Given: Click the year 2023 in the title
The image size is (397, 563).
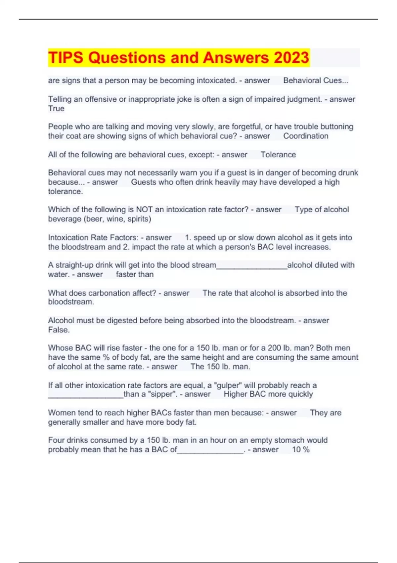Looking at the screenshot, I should (291, 58).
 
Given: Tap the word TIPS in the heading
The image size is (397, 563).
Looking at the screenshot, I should (66, 58).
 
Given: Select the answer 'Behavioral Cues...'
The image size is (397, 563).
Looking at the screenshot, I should (316, 80).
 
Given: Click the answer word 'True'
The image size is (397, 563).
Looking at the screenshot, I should (56, 109).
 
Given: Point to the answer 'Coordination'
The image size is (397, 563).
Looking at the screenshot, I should (306, 136).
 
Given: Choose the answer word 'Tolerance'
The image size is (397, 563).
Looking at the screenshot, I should (278, 155).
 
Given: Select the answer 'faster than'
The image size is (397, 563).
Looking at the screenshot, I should (135, 275).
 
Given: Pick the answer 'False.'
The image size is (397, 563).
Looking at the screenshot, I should (59, 330).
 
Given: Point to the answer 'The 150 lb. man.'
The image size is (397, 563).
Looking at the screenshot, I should (220, 367).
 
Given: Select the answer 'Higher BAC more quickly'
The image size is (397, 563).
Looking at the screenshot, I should (268, 394).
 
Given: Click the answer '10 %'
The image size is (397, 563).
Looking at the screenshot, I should (300, 450).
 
